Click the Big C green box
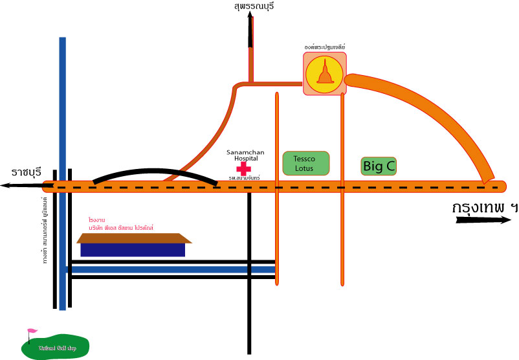379,166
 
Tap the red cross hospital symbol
243,168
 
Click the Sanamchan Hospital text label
242,155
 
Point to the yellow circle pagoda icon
325,74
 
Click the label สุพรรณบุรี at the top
254,6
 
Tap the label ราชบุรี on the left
27,172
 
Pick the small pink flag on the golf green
31,333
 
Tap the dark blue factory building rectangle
133,249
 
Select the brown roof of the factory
135,238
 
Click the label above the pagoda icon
325,47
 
